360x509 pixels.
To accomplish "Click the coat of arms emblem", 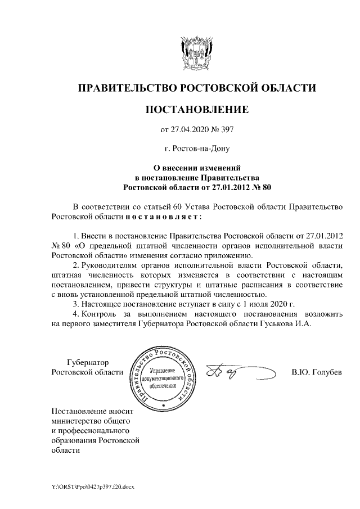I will point(197,53).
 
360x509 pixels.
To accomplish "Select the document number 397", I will point(226,131).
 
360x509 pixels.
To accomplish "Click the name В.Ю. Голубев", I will point(317,372).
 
